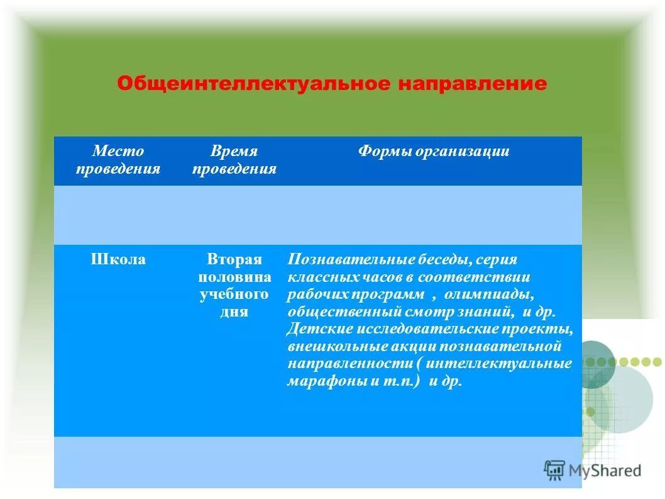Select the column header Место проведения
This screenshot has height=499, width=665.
coord(118,160)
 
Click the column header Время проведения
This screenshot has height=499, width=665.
coord(234,160)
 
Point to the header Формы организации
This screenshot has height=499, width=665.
coord(434,152)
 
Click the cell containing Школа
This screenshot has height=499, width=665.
coord(118,260)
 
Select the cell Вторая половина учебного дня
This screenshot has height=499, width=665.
coord(234,286)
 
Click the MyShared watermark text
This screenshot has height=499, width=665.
coord(605,471)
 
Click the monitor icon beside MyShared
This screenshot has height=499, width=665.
coord(554,470)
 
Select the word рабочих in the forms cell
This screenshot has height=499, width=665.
coord(315,295)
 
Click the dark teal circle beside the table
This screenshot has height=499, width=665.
coord(595,364)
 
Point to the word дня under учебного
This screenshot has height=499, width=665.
coord(234,312)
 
